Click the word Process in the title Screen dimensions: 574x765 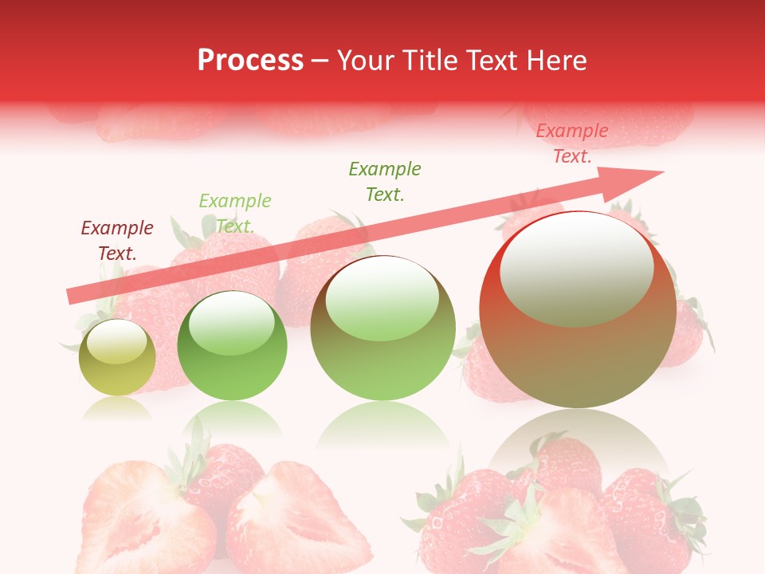click(x=250, y=61)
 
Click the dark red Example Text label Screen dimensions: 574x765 click(x=117, y=241)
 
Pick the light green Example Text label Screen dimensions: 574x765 click(x=235, y=213)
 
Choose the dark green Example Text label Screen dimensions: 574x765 click(x=385, y=181)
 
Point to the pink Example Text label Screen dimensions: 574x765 click(x=572, y=143)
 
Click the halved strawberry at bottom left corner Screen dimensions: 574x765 click(x=143, y=518)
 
